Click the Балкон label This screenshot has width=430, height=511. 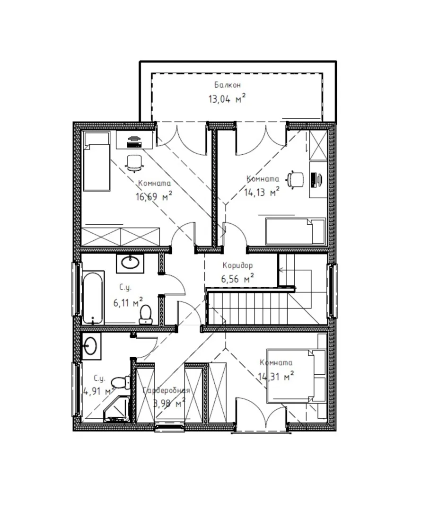[x=228, y=85]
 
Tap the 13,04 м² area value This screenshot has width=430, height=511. [x=227, y=98]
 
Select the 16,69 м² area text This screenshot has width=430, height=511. [x=154, y=196]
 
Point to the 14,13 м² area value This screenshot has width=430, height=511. [x=262, y=192]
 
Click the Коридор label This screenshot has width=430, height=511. [x=237, y=265]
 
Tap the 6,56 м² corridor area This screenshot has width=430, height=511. [x=237, y=279]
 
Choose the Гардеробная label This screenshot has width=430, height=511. [x=167, y=390]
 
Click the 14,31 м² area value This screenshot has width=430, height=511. [x=276, y=377]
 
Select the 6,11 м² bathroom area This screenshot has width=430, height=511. [x=128, y=302]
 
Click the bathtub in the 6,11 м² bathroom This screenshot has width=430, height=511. [x=93, y=298]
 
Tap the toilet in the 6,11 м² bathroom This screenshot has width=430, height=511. [x=146, y=315]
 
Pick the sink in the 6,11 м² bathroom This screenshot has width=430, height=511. [x=130, y=263]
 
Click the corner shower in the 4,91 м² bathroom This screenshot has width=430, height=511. [x=117, y=409]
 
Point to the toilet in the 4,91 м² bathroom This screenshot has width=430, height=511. [x=121, y=382]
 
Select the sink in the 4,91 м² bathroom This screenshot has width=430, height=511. [x=91, y=346]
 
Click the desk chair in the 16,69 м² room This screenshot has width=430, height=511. [x=134, y=162]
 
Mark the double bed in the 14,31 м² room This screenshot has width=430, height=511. [x=296, y=374]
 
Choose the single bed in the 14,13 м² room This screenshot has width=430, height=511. [x=296, y=231]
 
